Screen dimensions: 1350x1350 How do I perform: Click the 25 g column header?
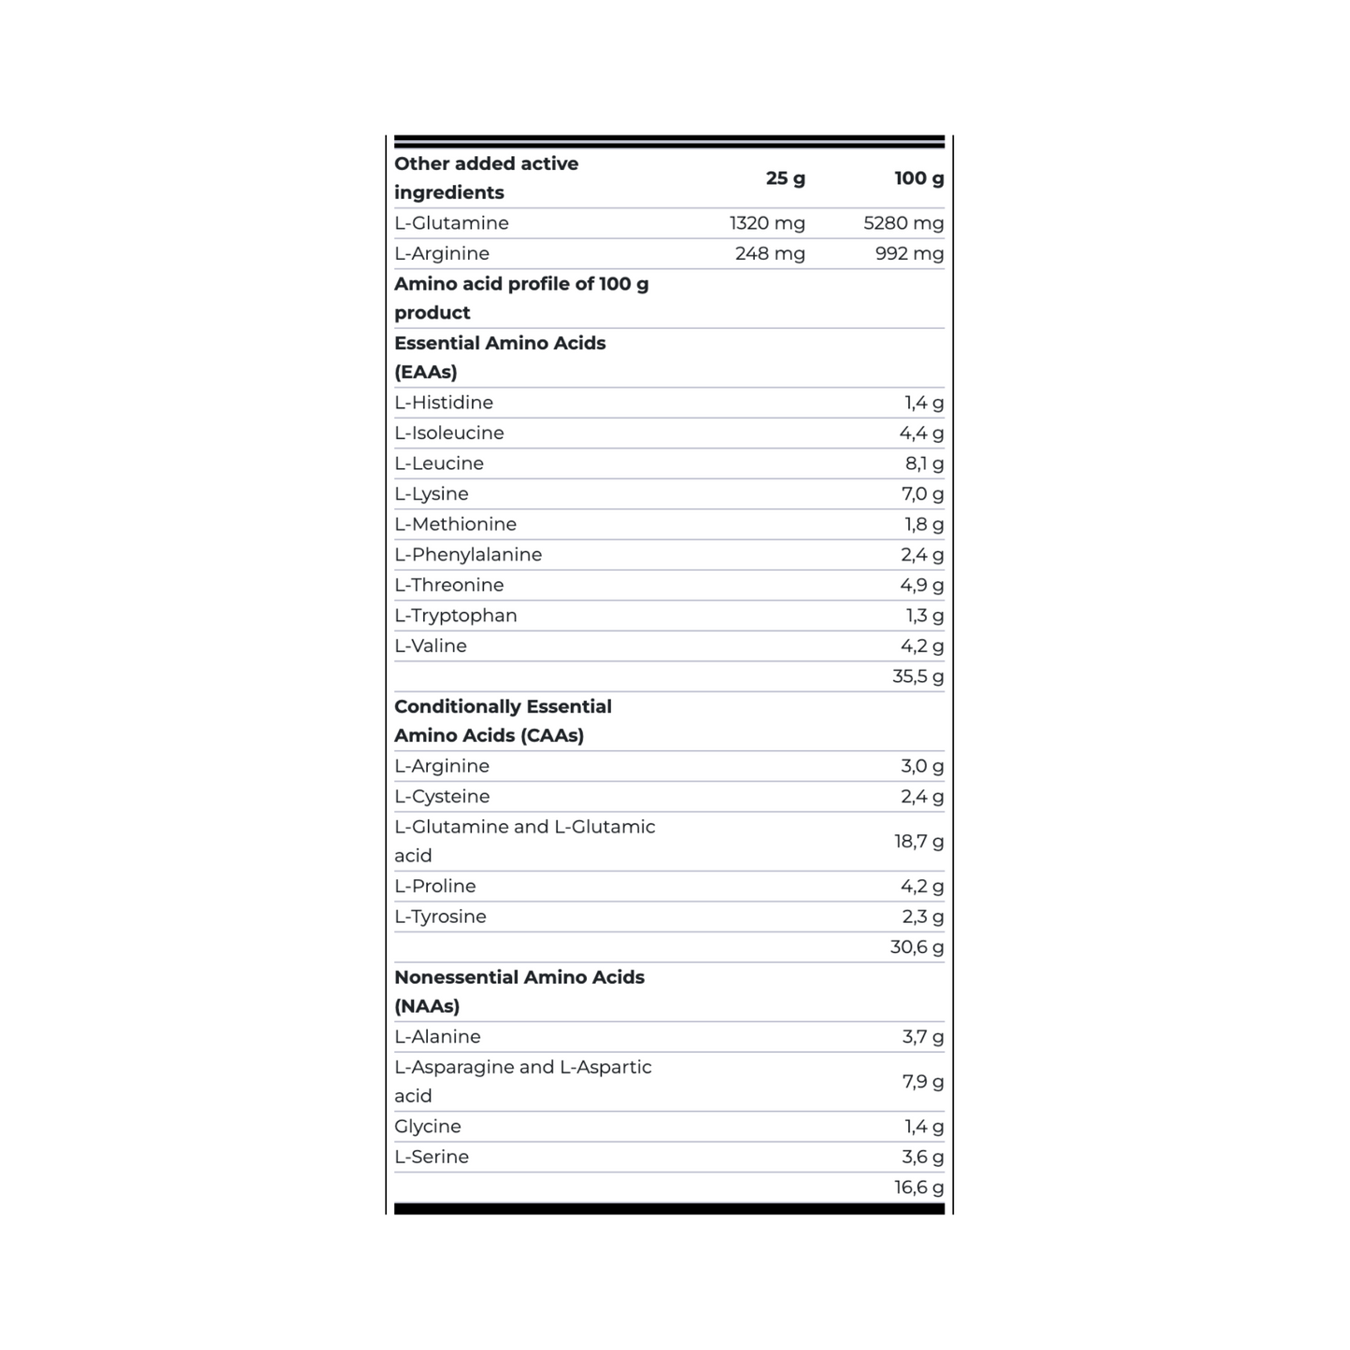pyautogui.click(x=785, y=178)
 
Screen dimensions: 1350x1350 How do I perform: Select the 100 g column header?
pyautogui.click(x=918, y=178)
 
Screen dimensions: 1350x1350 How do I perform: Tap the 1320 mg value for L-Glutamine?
pyautogui.click(x=767, y=223)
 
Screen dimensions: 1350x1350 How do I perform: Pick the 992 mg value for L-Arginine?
pyautogui.click(x=909, y=254)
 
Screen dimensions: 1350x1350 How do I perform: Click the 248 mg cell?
pyautogui.click(x=770, y=254)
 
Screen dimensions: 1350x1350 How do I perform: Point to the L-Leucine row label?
pyautogui.click(x=439, y=464)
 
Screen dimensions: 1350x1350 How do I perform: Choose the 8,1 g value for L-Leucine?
pyautogui.click(x=924, y=464)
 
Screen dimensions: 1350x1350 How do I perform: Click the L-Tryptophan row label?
pyautogui.click(x=456, y=616)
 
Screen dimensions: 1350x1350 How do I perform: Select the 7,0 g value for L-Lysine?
pyautogui.click(x=922, y=494)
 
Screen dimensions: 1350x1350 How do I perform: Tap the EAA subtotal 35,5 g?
pyautogui.click(x=917, y=676)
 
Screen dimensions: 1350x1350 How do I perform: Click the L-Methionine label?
pyautogui.click(x=455, y=525)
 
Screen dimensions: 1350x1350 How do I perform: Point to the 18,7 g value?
pyautogui.click(x=918, y=842)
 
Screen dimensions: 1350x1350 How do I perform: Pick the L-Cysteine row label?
pyautogui.click(x=442, y=797)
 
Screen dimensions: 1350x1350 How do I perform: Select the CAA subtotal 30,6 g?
pyautogui.click(x=917, y=947)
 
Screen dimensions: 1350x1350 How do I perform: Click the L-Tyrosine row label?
pyautogui.click(x=440, y=917)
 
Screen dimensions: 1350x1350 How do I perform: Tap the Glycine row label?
pyautogui.click(x=428, y=1127)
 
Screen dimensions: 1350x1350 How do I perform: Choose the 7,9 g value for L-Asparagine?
pyautogui.click(x=922, y=1082)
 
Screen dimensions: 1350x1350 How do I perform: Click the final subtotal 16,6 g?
pyautogui.click(x=918, y=1187)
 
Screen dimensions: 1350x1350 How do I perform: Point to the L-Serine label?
pyautogui.click(x=432, y=1158)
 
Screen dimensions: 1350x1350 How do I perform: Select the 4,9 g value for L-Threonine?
pyautogui.click(x=922, y=586)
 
